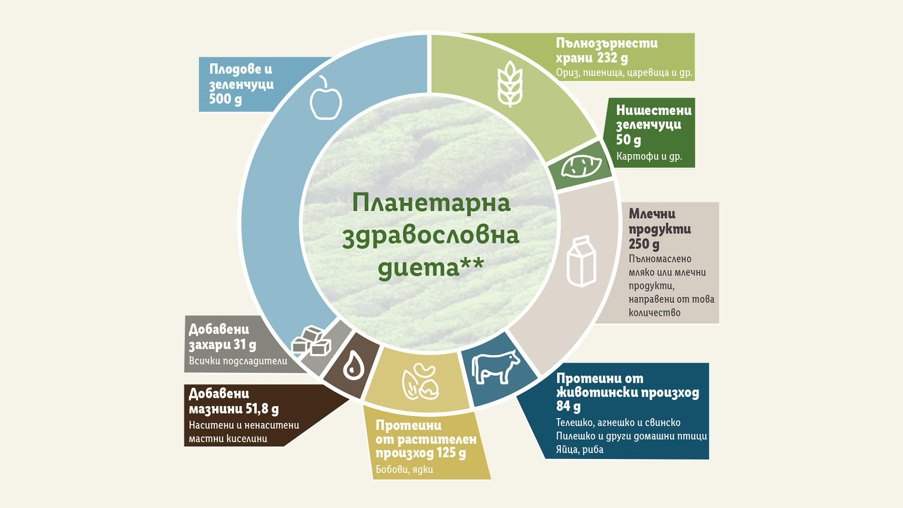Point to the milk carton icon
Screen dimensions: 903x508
tap(581, 262)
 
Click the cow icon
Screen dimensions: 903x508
tap(496, 367)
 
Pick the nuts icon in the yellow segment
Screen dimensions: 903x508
tap(420, 381)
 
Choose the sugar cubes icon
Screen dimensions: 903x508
tap(311, 341)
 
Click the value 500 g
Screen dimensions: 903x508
tap(225, 99)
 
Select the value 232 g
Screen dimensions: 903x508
tap(612, 58)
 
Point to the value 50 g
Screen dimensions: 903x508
tap(628, 140)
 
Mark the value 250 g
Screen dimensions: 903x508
tap(644, 244)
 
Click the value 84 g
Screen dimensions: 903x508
tap(568, 406)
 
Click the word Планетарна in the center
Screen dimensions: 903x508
tap(431, 203)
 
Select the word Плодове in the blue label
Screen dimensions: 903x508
tap(233, 69)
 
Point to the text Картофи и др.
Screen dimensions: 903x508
tap(649, 156)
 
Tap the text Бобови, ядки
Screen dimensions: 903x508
tap(404, 469)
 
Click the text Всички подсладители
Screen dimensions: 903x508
tap(238, 361)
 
